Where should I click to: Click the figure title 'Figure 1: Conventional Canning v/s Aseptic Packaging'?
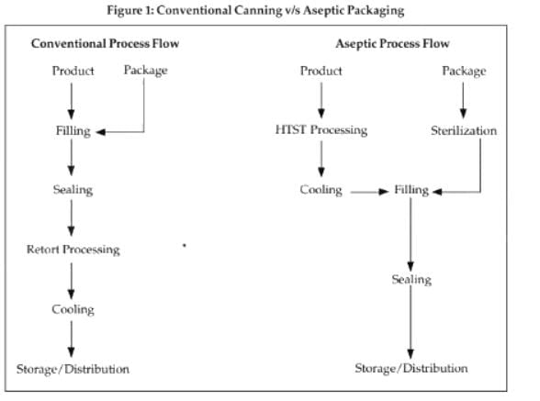pos(255,10)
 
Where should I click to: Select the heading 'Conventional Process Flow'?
pos(105,43)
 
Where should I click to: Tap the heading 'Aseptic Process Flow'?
pos(392,44)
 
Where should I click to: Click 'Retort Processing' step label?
pos(73,250)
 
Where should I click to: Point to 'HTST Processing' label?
pos(321,129)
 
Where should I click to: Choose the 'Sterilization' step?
pos(464,130)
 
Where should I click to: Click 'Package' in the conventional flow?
pos(146,71)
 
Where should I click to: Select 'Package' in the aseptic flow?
pos(464,72)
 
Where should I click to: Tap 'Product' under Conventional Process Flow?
pos(73,71)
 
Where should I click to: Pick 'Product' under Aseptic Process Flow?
pos(321,71)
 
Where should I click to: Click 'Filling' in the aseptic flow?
pos(411,190)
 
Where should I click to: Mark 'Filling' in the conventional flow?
pos(73,131)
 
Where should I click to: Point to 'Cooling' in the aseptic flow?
pos(321,190)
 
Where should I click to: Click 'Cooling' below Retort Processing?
pos(73,309)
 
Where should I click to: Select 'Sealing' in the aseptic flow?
pos(411,280)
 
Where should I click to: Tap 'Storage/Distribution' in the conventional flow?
pos(73,369)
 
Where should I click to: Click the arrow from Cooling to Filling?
pos(369,192)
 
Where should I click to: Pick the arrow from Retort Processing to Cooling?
pos(72,281)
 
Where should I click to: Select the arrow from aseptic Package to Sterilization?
pos(463,100)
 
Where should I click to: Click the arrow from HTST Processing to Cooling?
pos(321,159)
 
